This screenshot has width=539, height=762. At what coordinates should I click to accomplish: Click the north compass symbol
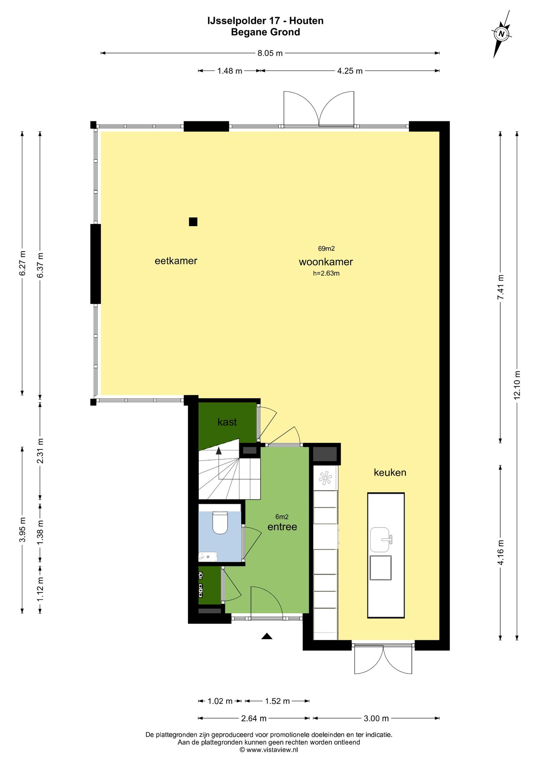[x=502, y=34]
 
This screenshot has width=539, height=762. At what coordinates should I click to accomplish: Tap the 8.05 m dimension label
[x=270, y=53]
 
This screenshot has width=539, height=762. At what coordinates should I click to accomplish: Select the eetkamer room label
[x=176, y=261]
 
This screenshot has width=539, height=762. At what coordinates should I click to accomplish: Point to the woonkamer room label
[x=326, y=262]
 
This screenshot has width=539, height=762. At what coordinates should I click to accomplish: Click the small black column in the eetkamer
[x=193, y=222]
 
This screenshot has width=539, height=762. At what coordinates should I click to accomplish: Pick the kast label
[x=227, y=422]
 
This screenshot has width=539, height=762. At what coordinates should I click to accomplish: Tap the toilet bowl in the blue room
[x=220, y=523]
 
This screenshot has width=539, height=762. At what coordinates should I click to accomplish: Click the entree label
[x=282, y=527]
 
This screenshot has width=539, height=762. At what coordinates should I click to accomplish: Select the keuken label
[x=390, y=473]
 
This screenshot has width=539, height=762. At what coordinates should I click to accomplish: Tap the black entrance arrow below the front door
[x=267, y=636]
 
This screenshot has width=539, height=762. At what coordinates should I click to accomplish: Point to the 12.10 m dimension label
[x=517, y=385]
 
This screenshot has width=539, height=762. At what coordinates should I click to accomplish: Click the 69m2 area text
[x=326, y=249]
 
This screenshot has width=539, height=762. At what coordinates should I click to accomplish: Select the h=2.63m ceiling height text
[x=326, y=273]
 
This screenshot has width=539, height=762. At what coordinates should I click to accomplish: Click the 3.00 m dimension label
[x=376, y=718]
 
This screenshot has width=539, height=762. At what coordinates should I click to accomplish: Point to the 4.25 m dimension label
[x=350, y=71]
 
